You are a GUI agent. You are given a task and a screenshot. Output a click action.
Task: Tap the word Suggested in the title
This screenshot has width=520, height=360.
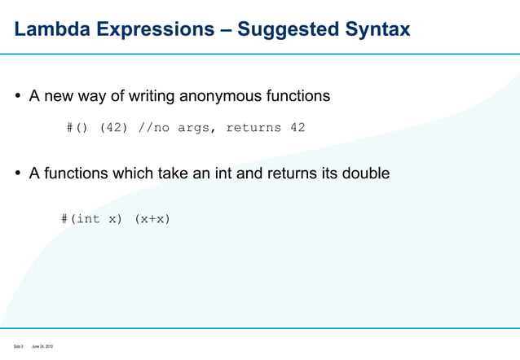click(293, 30)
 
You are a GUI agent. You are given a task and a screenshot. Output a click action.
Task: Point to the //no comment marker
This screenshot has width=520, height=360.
click(156, 128)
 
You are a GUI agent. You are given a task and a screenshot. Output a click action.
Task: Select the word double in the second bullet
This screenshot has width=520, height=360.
click(366, 173)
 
